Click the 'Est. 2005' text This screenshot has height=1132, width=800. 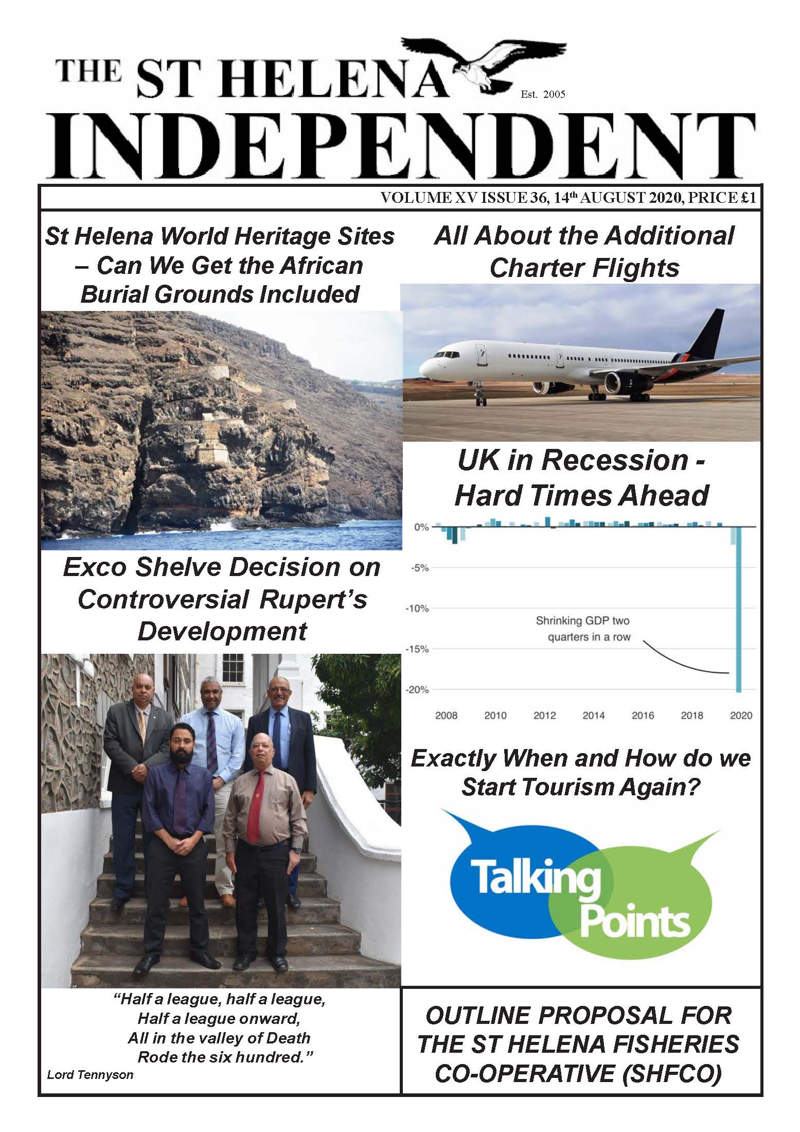click(542, 94)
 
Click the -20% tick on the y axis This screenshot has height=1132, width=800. click(417, 690)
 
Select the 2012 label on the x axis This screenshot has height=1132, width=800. click(544, 716)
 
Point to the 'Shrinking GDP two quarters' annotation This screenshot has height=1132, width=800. click(583, 629)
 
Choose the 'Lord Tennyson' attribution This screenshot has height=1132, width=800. click(90, 1075)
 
